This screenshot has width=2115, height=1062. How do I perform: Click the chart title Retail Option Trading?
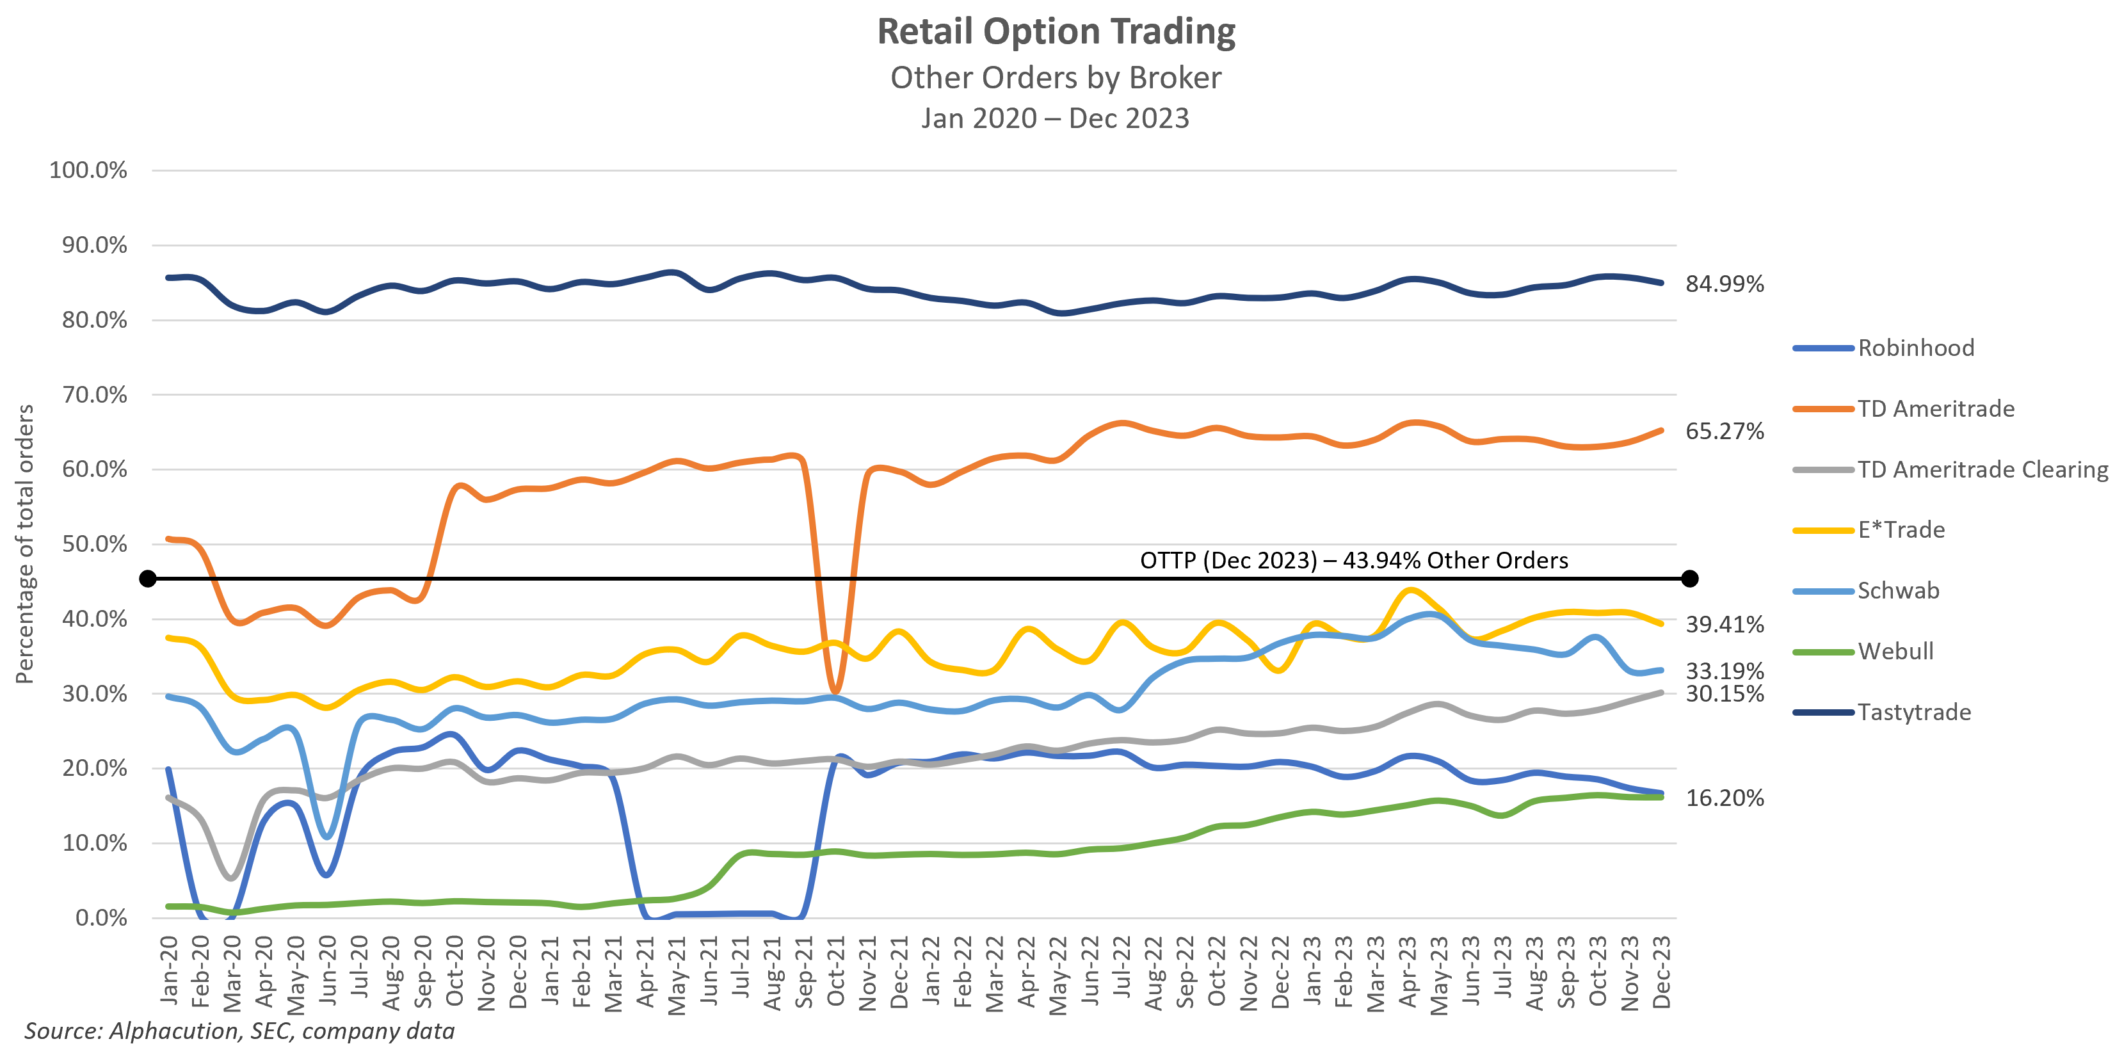coord(1056,32)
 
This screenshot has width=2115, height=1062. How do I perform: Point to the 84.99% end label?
coord(1724,284)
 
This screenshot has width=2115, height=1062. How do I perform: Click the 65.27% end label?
coord(1724,431)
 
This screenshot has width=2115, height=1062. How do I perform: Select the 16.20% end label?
coord(1724,798)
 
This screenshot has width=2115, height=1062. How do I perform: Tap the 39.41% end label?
coord(1724,625)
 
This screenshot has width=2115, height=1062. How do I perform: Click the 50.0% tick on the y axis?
coord(95,545)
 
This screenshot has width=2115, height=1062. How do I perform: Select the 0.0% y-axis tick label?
coord(101,918)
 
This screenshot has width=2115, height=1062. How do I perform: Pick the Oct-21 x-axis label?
coord(836,971)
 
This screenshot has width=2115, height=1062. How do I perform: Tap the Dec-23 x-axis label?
coord(1662,971)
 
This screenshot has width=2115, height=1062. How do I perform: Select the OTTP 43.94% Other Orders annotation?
coord(1353,560)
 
